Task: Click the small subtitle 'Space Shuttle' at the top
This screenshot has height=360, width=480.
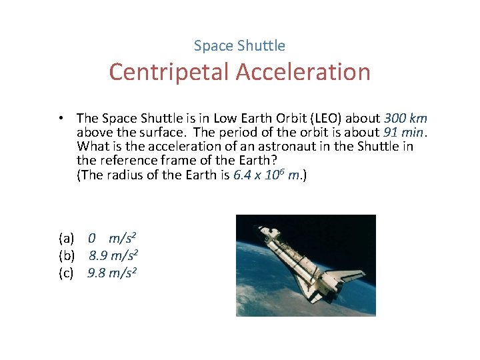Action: (239, 46)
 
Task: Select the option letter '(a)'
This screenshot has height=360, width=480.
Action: (66, 238)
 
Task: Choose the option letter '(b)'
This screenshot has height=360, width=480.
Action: (66, 255)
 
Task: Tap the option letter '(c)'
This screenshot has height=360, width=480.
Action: (66, 273)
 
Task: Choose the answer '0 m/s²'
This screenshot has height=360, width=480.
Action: (113, 238)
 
